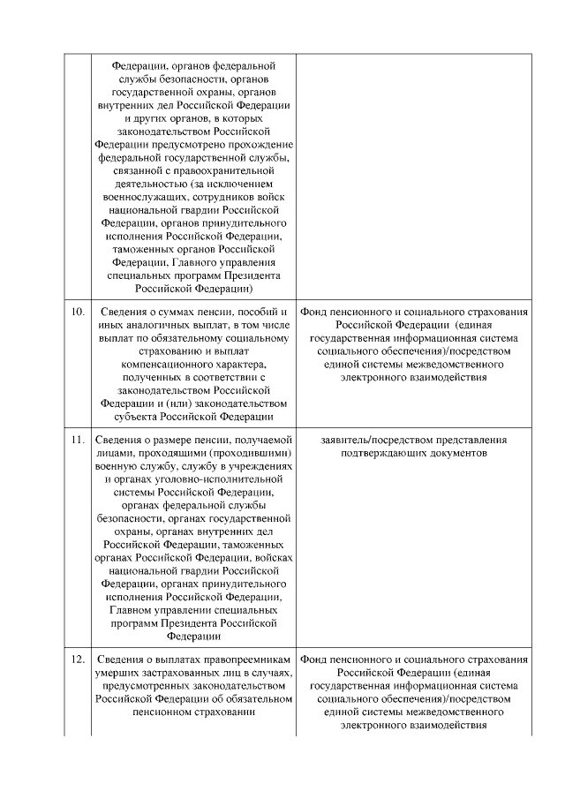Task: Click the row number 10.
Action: click(x=77, y=313)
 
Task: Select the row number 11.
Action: click(x=77, y=439)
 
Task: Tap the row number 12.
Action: click(x=77, y=660)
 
